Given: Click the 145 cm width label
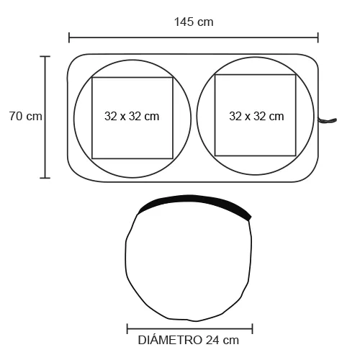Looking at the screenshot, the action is click(194, 22).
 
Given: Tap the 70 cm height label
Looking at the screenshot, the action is click(26, 116).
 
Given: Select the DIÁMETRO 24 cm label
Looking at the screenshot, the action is click(189, 340).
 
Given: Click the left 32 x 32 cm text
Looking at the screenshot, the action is click(132, 117).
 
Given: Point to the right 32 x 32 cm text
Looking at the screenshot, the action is click(256, 117).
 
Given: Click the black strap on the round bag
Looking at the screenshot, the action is click(194, 201).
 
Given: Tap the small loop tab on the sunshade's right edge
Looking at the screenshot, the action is click(328, 120).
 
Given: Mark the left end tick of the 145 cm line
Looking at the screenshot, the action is click(69, 37).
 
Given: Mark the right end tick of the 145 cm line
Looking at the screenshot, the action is click(318, 37).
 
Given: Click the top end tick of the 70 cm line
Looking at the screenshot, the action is click(45, 57).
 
